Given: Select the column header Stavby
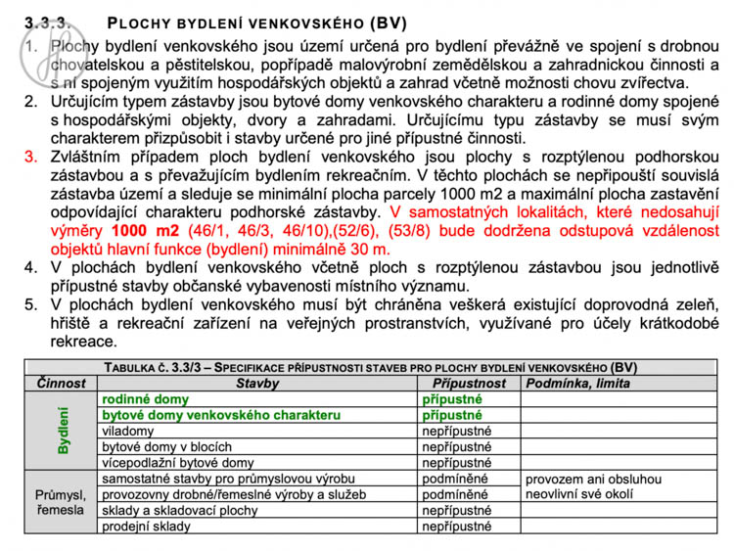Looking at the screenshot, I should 257,384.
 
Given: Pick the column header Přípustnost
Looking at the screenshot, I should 469,384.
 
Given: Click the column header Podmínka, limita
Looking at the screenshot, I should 577,384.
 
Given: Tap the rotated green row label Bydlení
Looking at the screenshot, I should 64,431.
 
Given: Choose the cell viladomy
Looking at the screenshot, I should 128,431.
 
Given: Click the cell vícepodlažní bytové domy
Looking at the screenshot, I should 177,462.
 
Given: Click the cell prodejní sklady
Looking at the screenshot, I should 146,526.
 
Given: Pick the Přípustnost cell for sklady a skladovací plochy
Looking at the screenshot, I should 456,510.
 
